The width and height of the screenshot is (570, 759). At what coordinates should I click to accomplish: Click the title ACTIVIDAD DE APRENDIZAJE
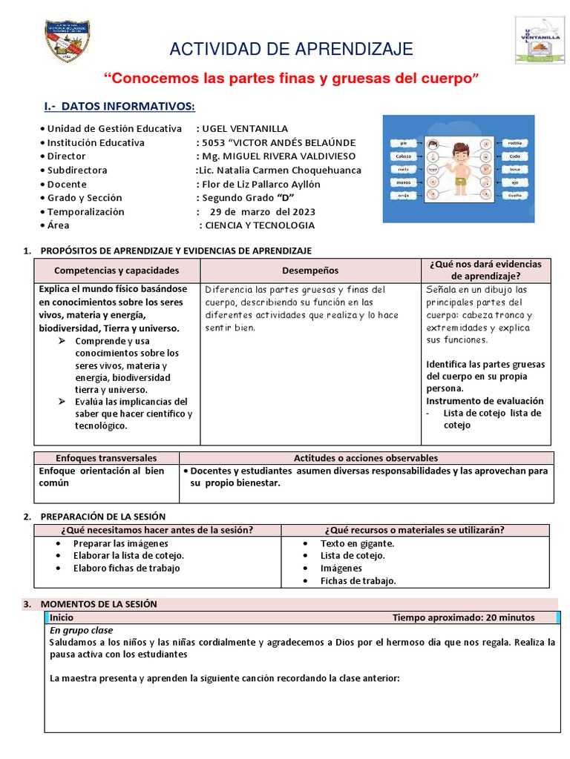point(291,50)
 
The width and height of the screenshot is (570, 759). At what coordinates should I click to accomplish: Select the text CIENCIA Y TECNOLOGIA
point(260,225)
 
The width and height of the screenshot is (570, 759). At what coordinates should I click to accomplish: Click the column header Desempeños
point(310,271)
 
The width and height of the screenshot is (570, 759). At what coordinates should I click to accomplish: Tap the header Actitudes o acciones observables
point(366,458)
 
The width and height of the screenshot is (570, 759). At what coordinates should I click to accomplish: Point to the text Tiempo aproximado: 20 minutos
point(463,617)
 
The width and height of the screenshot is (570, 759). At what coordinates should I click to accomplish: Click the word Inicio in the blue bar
point(62,617)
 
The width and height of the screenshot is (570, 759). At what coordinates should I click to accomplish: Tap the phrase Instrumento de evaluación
point(485,400)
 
